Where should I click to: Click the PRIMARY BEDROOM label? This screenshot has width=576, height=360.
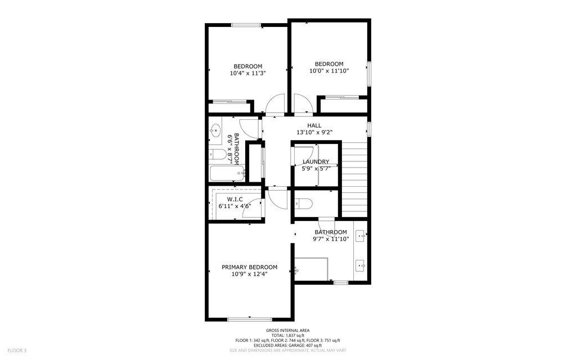click(x=249, y=267)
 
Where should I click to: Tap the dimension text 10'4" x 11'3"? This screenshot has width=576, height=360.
click(x=247, y=73)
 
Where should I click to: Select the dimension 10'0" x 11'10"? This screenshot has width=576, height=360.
click(x=329, y=71)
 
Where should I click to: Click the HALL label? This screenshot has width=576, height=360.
click(x=314, y=125)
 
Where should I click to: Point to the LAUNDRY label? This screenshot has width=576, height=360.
click(x=316, y=161)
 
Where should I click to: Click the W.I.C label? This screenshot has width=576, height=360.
click(x=235, y=199)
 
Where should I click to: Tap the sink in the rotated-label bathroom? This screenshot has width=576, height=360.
click(x=214, y=132)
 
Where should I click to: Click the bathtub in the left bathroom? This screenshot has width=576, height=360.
click(x=225, y=174)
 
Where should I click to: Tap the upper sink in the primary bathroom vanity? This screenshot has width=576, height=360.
click(x=361, y=237)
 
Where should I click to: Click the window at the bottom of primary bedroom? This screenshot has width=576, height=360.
click(x=249, y=319)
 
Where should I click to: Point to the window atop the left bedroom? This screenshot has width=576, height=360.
click(x=246, y=25)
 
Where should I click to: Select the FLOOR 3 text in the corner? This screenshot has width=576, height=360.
click(x=17, y=350)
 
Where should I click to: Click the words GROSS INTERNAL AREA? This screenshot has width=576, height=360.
click(x=287, y=330)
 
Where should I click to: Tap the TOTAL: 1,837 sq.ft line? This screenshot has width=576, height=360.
click(x=287, y=335)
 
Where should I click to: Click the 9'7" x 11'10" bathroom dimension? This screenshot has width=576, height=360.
click(x=331, y=239)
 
